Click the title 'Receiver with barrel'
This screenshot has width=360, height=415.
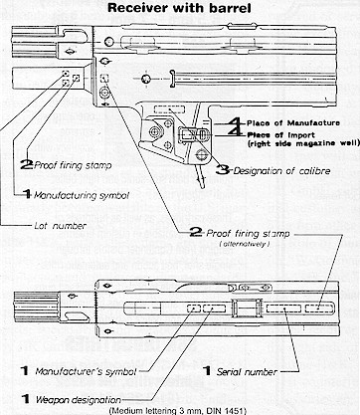click(179, 7)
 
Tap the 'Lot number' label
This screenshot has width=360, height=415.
click(61, 226)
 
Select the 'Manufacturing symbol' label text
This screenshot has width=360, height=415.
click(82, 195)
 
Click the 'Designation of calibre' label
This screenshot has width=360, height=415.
click(281, 171)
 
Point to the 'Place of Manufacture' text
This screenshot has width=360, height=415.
click(293, 123)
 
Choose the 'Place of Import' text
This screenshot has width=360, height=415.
click(281, 135)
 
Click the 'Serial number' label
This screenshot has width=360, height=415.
click(247, 372)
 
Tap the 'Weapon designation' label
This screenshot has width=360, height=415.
click(79, 400)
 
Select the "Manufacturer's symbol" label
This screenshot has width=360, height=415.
click(86, 371)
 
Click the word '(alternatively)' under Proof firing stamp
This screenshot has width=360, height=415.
click(245, 244)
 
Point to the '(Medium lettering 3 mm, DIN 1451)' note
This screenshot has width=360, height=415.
click(178, 411)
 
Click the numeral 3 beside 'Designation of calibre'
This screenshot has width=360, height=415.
click(223, 170)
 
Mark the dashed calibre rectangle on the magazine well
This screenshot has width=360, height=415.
click(169, 109)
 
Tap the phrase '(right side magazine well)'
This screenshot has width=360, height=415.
click(303, 143)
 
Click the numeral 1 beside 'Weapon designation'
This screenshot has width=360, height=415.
click(25, 399)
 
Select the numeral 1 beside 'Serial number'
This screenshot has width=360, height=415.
click(207, 371)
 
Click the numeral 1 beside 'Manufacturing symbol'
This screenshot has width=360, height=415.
click(27, 194)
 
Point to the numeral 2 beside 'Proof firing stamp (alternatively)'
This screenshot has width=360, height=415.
click(196, 233)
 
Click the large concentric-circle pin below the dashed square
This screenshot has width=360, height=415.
click(105, 93)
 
